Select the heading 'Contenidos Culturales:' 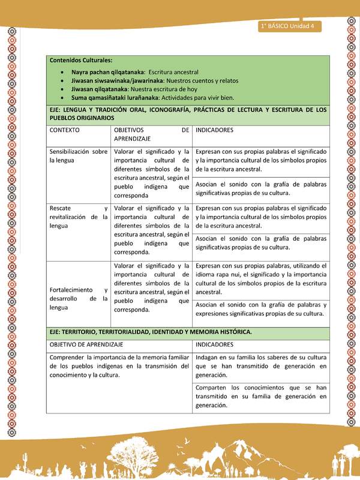[x=80, y=60]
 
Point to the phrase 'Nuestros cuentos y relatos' [x=202, y=80]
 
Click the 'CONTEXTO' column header [x=66, y=130]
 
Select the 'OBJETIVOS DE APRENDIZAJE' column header [x=151, y=133]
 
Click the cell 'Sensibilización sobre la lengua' [x=78, y=156]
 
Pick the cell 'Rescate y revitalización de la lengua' [x=78, y=217]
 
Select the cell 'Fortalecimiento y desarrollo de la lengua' [x=78, y=298]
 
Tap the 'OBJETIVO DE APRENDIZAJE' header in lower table [x=86, y=344]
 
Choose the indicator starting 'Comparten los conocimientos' [x=260, y=397]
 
